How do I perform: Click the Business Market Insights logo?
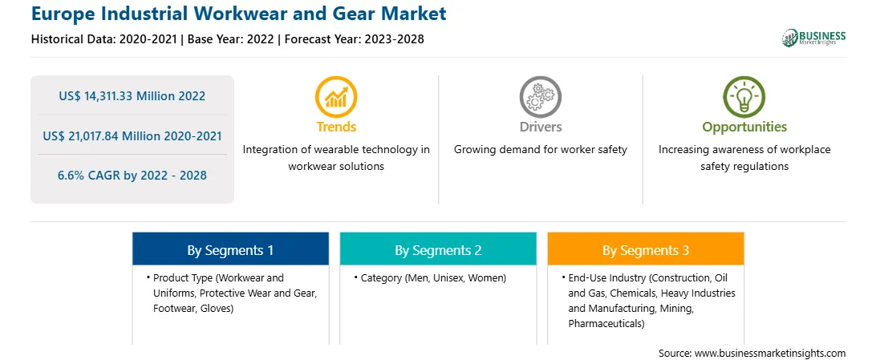click(814, 38)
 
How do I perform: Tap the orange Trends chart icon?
click(336, 96)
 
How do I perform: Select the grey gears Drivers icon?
click(540, 96)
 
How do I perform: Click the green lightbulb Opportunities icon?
click(744, 96)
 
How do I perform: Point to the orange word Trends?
click(336, 127)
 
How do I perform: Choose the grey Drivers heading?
click(540, 127)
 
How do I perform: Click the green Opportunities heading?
click(744, 127)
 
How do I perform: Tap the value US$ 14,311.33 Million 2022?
click(132, 96)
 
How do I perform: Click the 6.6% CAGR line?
click(132, 176)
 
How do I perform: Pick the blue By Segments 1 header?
click(230, 250)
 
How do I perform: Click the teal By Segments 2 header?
click(438, 250)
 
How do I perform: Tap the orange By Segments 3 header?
click(646, 250)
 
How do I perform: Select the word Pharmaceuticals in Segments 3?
click(606, 323)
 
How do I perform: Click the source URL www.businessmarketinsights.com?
click(770, 354)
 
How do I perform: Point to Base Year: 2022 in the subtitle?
click(231, 39)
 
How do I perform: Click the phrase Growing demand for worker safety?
click(540, 150)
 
